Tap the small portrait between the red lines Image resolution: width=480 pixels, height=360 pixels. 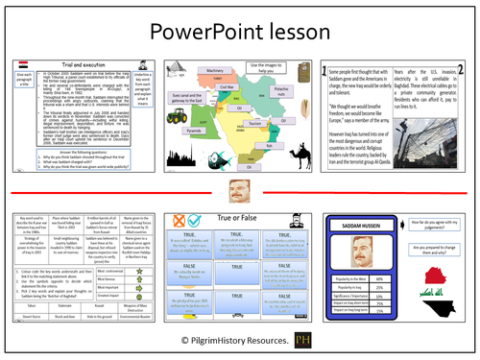(x=240, y=190)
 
